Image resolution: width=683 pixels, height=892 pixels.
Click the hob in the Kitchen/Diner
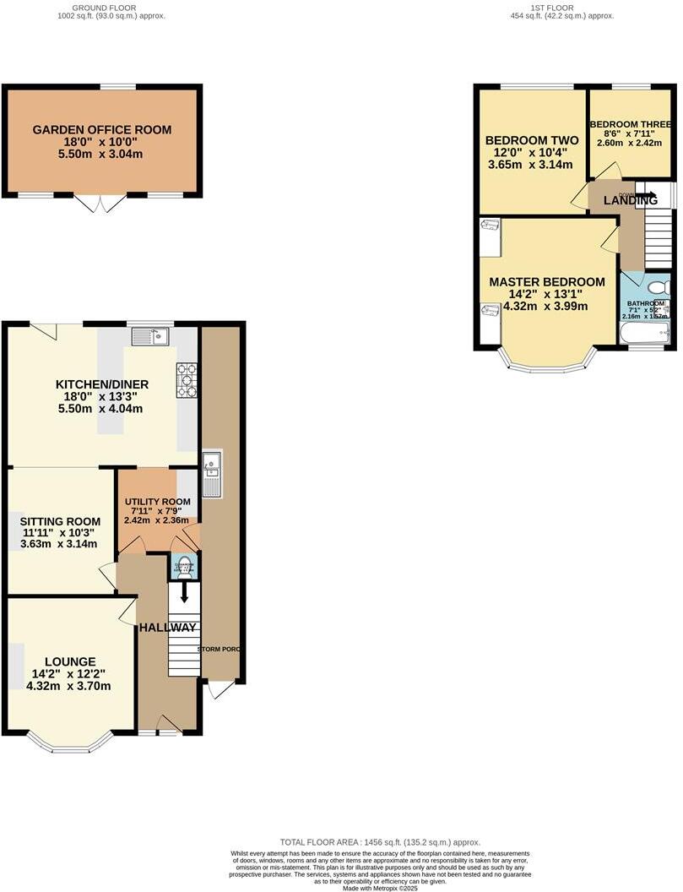pos(186,380)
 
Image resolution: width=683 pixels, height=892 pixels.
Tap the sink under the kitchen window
pos(150,337)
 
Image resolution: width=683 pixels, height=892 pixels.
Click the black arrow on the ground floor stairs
pos(185,596)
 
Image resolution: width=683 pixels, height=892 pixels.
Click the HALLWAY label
pos(168,628)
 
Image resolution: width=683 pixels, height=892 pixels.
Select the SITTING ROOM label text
pos(60,522)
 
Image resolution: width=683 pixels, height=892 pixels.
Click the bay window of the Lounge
pos(70,742)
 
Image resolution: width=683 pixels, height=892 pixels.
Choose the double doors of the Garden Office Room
pos(100,204)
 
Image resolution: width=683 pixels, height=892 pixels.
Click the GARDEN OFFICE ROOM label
pos(101,130)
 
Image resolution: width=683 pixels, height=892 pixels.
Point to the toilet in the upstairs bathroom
pos(661,288)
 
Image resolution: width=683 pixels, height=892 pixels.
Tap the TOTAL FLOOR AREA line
pos(380,842)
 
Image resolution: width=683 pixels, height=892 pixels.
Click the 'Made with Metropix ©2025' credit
pos(380,887)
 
